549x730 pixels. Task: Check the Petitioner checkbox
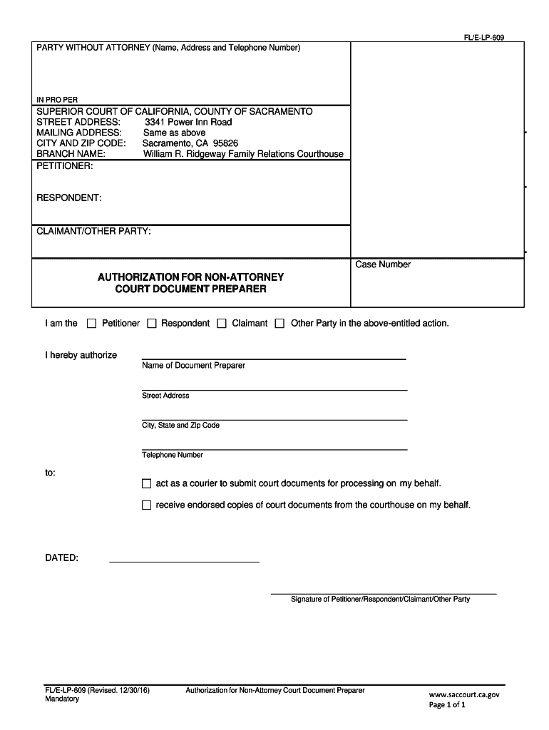pos(91,324)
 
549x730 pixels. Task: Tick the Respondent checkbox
pos(151,324)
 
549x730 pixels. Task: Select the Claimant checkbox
pos(222,324)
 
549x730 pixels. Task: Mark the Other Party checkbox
pos(279,324)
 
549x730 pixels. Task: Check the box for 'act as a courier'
pos(147,483)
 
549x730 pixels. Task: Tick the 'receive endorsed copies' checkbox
pos(147,505)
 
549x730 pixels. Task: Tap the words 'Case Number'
pos(383,264)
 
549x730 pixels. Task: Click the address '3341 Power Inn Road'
pos(188,122)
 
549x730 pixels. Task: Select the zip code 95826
pos(224,143)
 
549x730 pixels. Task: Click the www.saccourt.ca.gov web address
pos(463,694)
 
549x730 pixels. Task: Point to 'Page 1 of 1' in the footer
pos(447,705)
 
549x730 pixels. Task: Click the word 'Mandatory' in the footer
pos(62,699)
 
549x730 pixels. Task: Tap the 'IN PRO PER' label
pos(57,99)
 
